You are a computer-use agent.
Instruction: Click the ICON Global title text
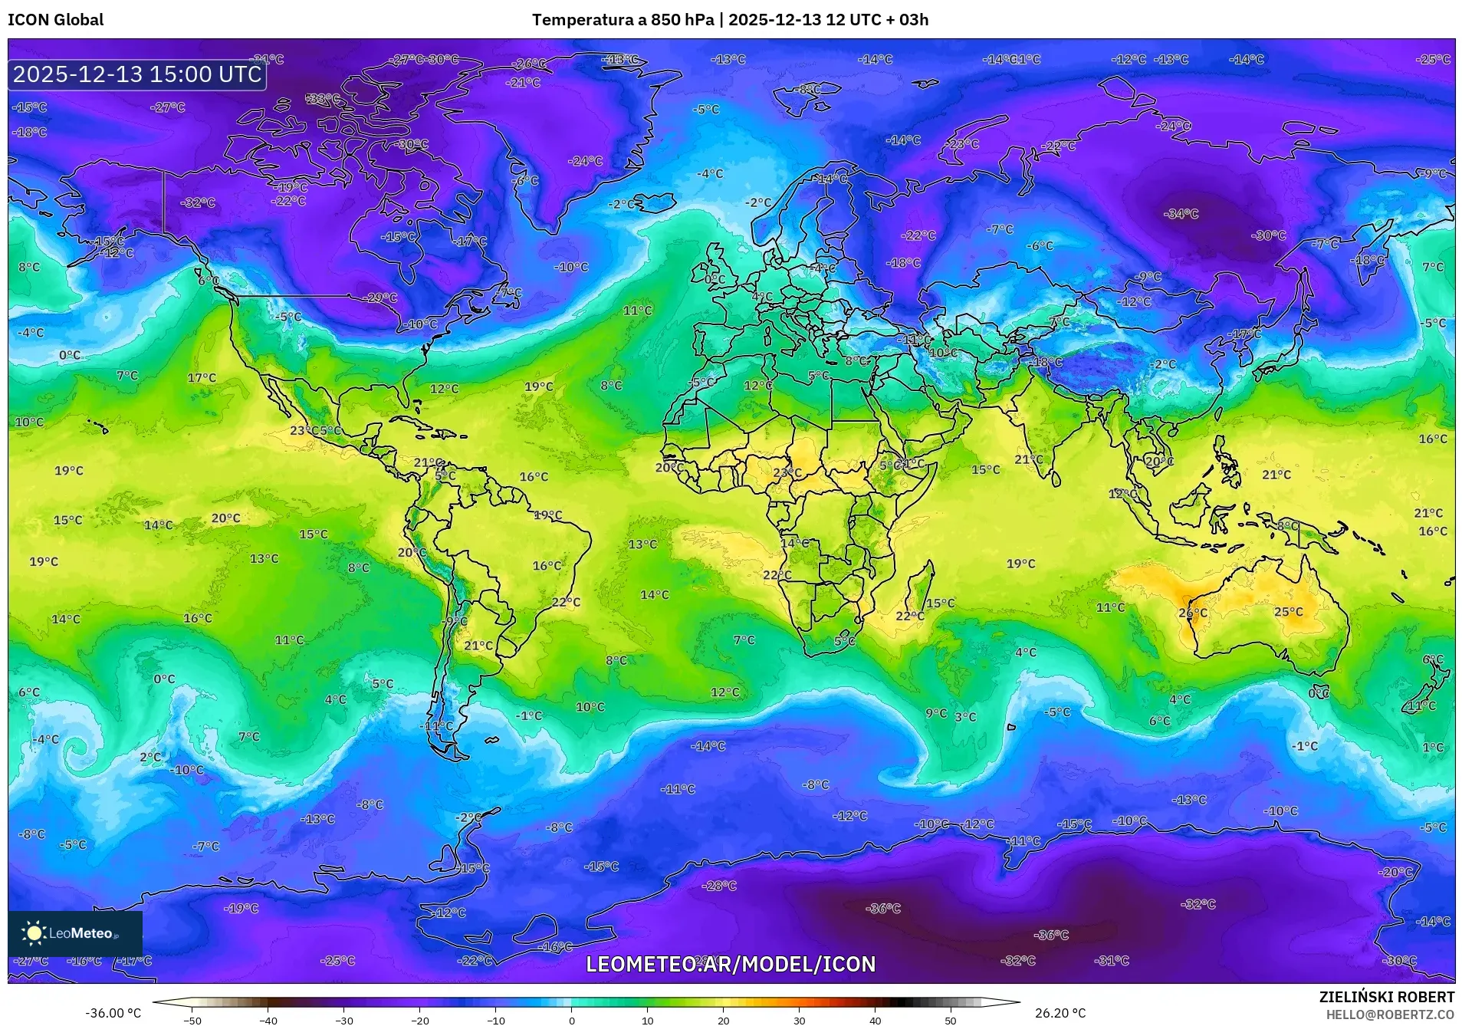[x=55, y=20]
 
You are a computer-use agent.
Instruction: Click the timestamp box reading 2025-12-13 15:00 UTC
[x=137, y=74]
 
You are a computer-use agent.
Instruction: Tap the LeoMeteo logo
[x=74, y=933]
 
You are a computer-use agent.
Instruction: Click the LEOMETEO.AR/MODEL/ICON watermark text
[x=730, y=964]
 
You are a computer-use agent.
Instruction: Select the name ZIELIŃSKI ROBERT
[x=1386, y=997]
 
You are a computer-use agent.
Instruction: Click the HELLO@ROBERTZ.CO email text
[x=1390, y=1014]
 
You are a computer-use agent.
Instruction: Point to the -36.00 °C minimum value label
[x=113, y=1013]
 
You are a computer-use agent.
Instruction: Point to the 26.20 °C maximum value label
[x=1060, y=1013]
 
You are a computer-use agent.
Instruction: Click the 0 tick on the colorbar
[x=571, y=1021]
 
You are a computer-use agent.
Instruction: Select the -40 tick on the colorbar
[x=268, y=1021]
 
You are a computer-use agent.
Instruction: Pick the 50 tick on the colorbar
[x=951, y=1021]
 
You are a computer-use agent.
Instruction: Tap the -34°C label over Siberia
[x=1181, y=214]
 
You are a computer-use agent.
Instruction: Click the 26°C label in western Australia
[x=1192, y=613]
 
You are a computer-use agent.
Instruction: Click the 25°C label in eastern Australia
[x=1288, y=612]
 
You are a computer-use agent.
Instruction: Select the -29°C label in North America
[x=381, y=298]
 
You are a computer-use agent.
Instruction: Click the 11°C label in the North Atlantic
[x=637, y=311]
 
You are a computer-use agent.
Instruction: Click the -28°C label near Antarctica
[x=719, y=886]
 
